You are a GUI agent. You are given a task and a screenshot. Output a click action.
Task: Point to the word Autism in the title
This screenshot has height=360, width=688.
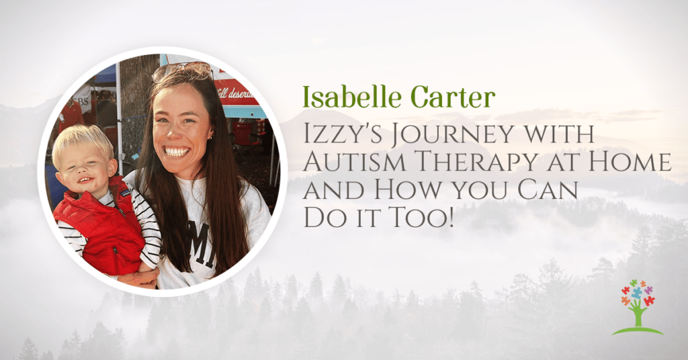coord(355,163)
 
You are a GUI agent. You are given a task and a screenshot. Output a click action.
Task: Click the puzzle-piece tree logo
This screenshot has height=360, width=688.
coord(637,308)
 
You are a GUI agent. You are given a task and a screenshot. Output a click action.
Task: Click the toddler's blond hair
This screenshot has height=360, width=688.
coord(81,141)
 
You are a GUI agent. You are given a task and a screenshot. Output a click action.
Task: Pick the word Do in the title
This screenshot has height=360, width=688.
coord(320,218)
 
